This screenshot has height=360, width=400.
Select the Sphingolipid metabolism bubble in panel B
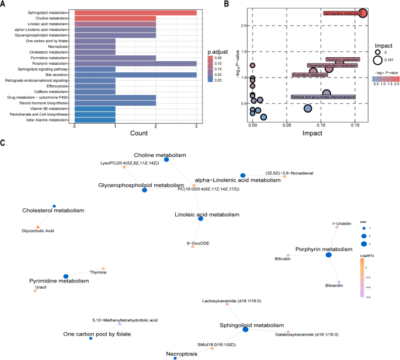tap(362, 13)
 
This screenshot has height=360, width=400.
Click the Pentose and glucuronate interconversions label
tap(323, 97)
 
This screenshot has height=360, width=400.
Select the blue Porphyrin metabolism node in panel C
tap(329, 255)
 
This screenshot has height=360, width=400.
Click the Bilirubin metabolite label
tap(283, 258)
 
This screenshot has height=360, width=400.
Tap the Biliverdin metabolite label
tap(333, 286)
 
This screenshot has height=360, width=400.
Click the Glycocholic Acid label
tap(38, 231)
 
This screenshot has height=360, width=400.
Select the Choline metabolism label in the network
tap(159, 155)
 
